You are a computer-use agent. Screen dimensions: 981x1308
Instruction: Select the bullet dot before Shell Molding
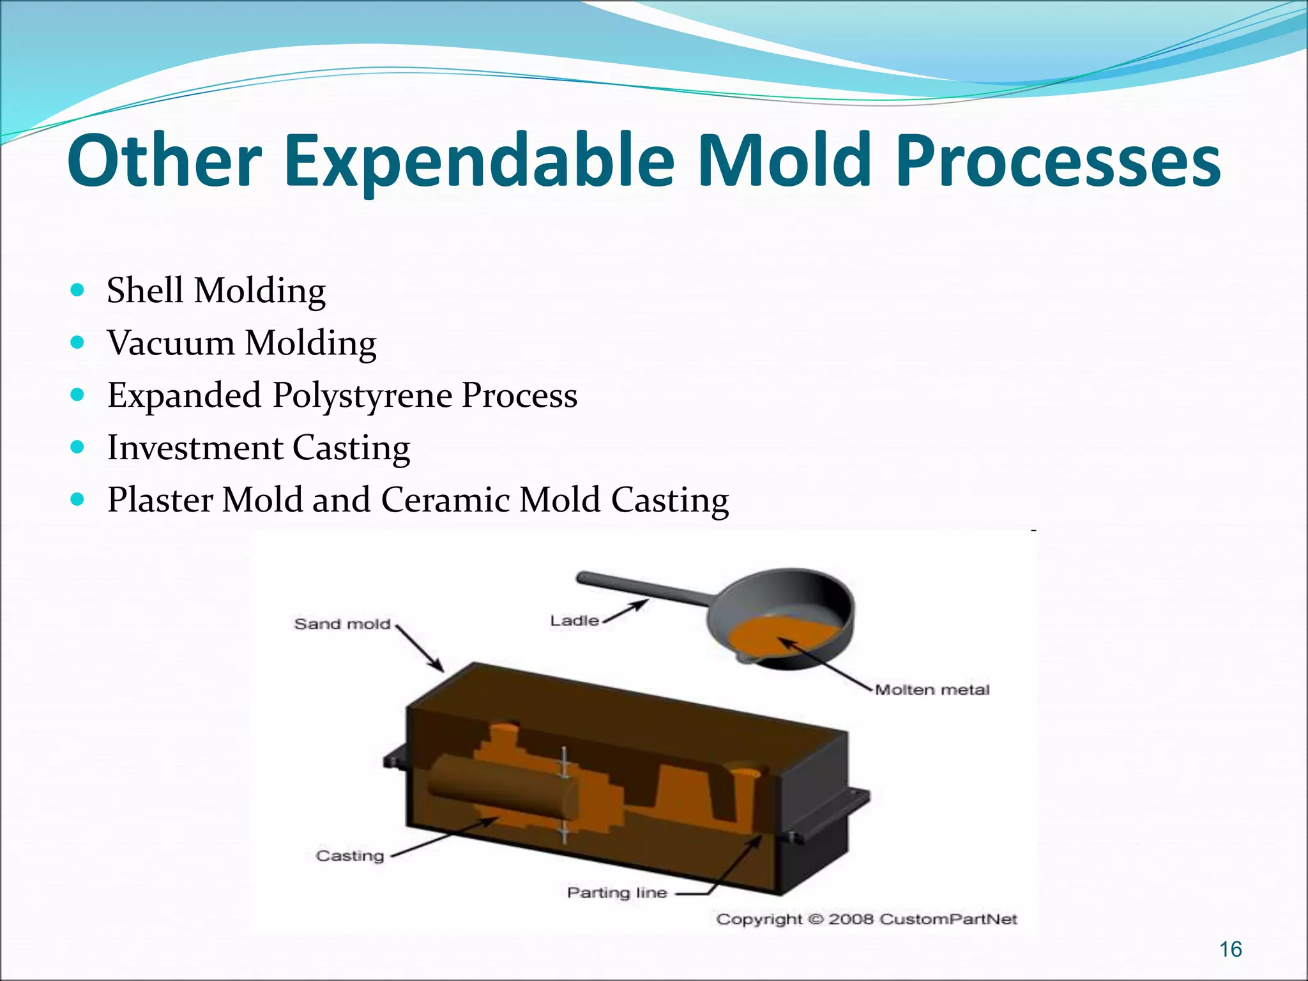77,291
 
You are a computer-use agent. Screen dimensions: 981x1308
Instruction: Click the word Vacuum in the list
171,343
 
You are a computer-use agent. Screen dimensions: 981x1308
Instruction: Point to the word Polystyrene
362,396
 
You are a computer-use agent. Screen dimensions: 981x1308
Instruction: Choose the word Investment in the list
195,448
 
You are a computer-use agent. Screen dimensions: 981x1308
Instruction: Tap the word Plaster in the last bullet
159,500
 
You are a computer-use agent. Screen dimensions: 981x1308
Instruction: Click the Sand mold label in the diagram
342,624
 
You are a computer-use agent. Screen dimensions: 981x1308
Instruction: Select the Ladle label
574,620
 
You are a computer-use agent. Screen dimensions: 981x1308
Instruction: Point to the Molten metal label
932,690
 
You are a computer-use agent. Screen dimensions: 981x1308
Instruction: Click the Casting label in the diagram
350,855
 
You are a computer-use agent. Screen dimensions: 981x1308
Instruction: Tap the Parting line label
616,892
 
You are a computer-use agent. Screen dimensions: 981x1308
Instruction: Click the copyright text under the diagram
866,919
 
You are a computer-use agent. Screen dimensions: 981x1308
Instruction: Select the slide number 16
1230,949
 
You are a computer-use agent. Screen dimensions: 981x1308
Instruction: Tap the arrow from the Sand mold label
420,648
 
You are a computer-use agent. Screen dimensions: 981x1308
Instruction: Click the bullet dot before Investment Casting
77,447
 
